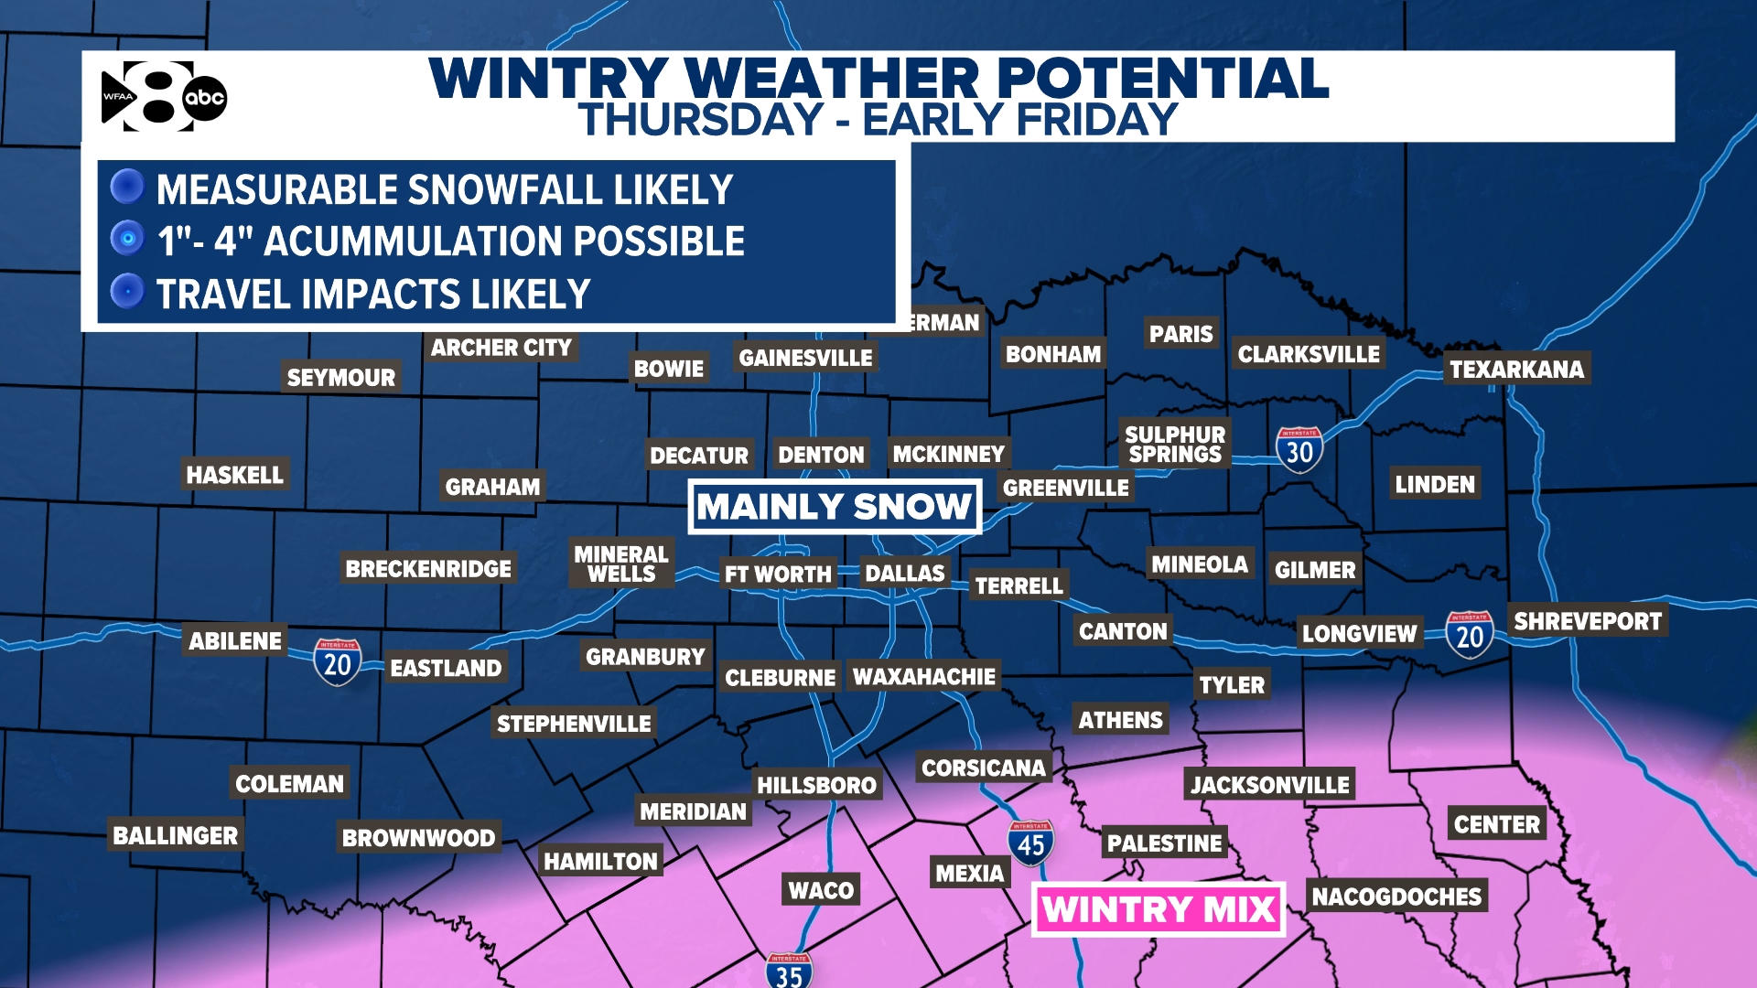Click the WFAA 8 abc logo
pos(163,97)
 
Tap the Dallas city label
pos(904,574)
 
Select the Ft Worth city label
pos(778,575)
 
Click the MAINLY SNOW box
pos(834,507)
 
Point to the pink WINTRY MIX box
pos(1159,909)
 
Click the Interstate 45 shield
pos(1030,843)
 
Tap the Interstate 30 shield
pos(1299,450)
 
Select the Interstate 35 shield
pos(788,972)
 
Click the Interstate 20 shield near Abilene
pos(337,661)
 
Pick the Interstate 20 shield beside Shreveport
pos(1469,634)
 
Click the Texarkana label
pos(1516,370)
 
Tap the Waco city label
pos(821,890)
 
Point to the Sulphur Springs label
pos(1175,445)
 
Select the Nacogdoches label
pos(1396,897)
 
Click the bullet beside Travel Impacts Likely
pos(127,292)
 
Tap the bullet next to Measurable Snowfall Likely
pos(127,187)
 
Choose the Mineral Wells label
pos(621,564)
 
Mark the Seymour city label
pos(340,378)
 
